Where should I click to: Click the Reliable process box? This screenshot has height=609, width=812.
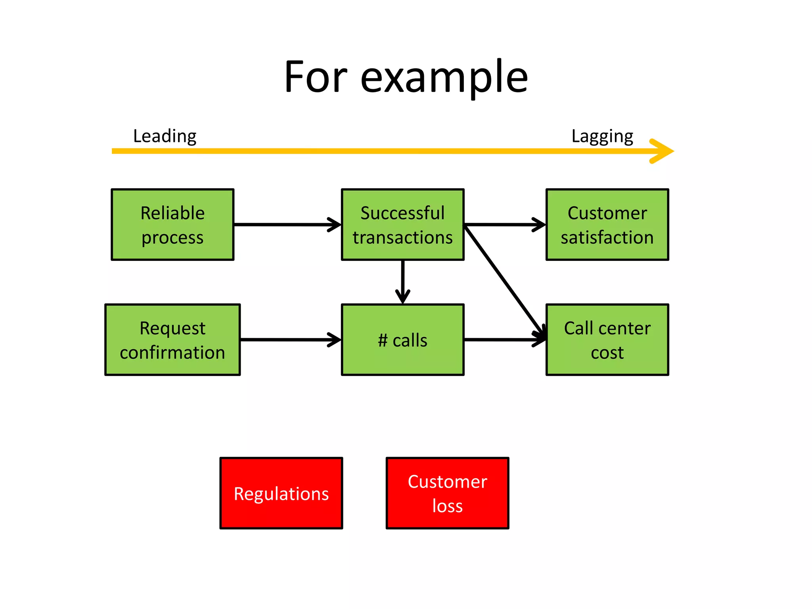[172, 224]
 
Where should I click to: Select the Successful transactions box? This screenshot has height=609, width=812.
[402, 224]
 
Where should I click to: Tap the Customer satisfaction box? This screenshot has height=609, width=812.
[607, 224]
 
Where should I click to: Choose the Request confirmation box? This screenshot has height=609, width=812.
[172, 340]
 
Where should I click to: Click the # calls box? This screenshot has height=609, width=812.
[402, 340]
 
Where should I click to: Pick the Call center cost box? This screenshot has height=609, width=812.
[607, 340]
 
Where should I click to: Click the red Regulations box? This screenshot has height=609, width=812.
[281, 493]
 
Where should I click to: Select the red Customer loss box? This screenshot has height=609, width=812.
[447, 493]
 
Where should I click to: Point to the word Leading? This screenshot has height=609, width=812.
[165, 136]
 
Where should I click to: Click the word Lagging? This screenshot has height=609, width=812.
[602, 136]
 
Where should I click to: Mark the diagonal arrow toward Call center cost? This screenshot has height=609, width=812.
[504, 280]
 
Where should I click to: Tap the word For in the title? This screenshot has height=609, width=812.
[315, 77]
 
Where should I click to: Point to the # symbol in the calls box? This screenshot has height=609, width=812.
[382, 341]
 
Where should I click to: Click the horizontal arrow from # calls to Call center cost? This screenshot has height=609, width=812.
[504, 340]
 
